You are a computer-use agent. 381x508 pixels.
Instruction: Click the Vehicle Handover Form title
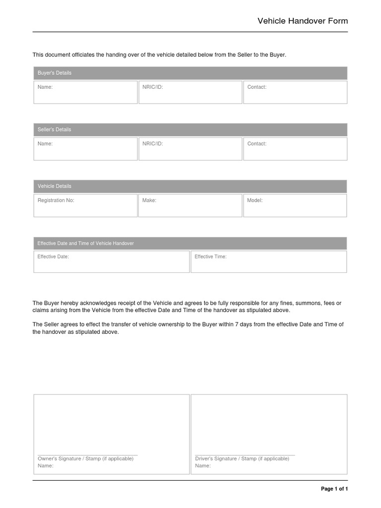tap(303, 21)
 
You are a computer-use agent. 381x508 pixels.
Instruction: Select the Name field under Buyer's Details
tap(85, 93)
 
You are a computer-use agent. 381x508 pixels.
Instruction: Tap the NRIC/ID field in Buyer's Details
tap(190, 93)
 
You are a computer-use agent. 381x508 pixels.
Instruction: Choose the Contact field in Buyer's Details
tap(295, 93)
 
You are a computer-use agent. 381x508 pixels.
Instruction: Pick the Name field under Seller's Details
tap(85, 149)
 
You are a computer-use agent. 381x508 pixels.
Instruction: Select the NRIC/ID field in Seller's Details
tap(190, 149)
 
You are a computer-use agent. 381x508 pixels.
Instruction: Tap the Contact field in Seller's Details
tap(295, 149)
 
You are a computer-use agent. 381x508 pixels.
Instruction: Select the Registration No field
tap(85, 206)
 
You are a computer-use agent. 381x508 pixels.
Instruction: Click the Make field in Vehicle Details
tap(190, 206)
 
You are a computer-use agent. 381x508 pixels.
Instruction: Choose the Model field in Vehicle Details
tap(295, 206)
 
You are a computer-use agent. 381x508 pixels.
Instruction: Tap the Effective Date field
tap(112, 262)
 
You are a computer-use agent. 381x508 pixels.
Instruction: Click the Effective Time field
tap(269, 262)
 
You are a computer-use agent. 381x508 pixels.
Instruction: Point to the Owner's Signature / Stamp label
tap(85, 459)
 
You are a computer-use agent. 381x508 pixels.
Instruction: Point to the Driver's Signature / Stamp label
tap(242, 459)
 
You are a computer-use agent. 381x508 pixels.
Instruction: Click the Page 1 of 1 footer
tap(334, 489)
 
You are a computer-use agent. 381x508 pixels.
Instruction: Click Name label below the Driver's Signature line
tap(203, 466)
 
